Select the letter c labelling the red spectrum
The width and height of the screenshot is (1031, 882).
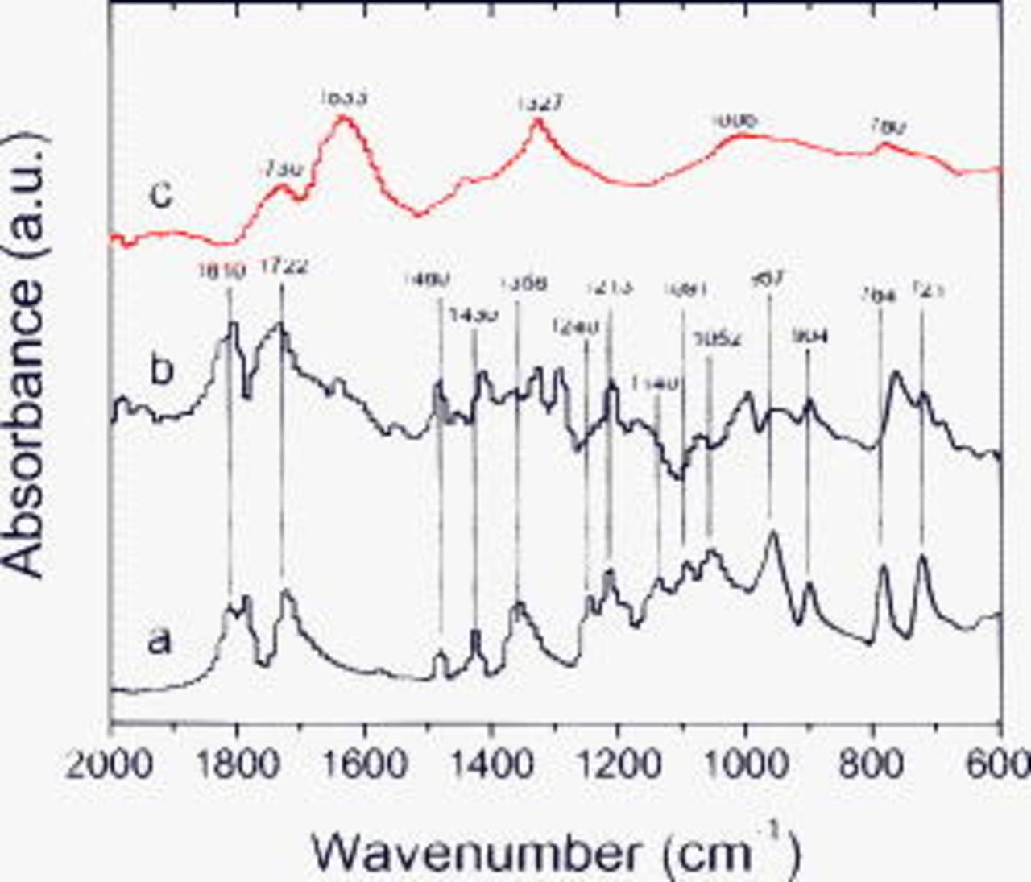[162, 194]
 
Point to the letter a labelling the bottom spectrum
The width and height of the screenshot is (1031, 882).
[160, 642]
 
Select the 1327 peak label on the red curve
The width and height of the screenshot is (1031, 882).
[539, 102]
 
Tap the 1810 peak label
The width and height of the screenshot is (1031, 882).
[222, 271]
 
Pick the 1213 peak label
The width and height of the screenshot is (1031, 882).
[611, 286]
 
